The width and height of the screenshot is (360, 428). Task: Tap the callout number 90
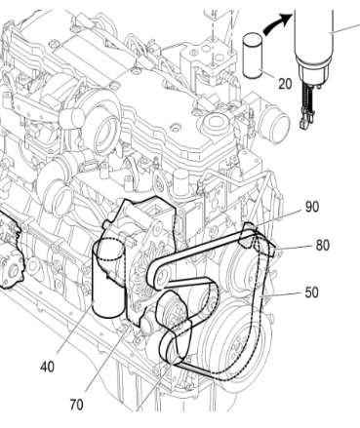click(x=310, y=207)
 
